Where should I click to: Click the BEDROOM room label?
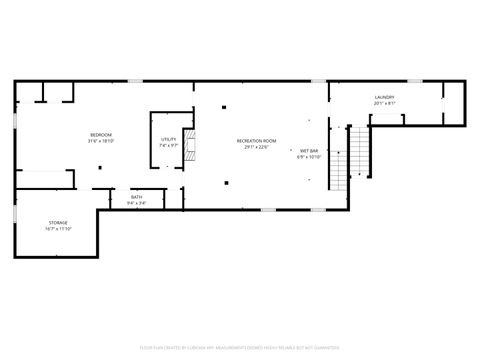pyautogui.click(x=101, y=135)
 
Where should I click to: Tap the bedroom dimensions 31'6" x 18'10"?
pyautogui.click(x=101, y=141)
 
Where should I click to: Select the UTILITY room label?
pyautogui.click(x=168, y=139)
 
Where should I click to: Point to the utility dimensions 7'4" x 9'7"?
pyautogui.click(x=168, y=145)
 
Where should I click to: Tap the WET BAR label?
pyautogui.click(x=308, y=151)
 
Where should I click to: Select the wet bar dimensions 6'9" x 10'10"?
pyautogui.click(x=308, y=157)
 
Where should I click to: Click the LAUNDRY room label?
pyautogui.click(x=385, y=97)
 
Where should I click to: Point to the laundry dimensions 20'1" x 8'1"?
pyautogui.click(x=385, y=103)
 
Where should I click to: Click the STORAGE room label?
pyautogui.click(x=59, y=222)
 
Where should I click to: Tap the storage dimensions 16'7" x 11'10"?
pyautogui.click(x=59, y=228)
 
